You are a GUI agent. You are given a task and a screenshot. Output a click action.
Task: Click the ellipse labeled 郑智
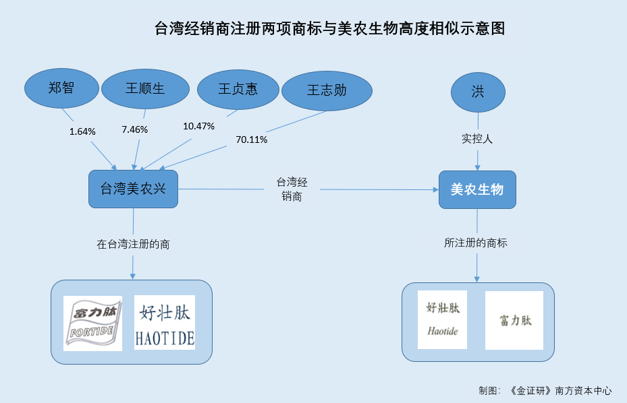[61, 88]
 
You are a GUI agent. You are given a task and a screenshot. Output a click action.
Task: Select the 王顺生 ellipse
[145, 89]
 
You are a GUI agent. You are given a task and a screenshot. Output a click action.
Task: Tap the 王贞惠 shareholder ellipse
[238, 90]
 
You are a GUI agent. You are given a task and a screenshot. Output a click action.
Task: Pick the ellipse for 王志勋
[327, 91]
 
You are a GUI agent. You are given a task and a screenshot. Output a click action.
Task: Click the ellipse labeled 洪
[478, 92]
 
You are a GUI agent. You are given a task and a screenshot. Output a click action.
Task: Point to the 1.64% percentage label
[82, 132]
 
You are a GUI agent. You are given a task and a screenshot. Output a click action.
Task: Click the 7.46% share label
[135, 130]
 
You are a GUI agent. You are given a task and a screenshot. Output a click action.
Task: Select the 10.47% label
[198, 126]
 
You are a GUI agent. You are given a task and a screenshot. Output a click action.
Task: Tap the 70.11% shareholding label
[252, 139]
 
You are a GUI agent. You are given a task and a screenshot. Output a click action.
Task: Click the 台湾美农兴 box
[133, 189]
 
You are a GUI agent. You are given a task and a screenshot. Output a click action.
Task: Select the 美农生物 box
[477, 190]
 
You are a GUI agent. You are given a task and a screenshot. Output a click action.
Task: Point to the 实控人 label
[477, 139]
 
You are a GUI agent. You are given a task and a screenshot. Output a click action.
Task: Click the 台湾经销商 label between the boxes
[292, 189]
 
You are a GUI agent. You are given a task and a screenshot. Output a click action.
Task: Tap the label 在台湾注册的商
[133, 244]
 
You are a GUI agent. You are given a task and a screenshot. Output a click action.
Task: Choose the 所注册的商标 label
[475, 243]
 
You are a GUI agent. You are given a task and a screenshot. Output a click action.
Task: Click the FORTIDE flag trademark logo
[92, 323]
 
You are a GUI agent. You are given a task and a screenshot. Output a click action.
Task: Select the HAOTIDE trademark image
[165, 323]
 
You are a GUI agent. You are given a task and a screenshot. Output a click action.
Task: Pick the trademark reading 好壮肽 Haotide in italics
[442, 319]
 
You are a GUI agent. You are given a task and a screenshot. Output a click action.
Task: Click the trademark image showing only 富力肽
[514, 320]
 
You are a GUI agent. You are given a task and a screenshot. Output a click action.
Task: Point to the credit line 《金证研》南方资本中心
[560, 391]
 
